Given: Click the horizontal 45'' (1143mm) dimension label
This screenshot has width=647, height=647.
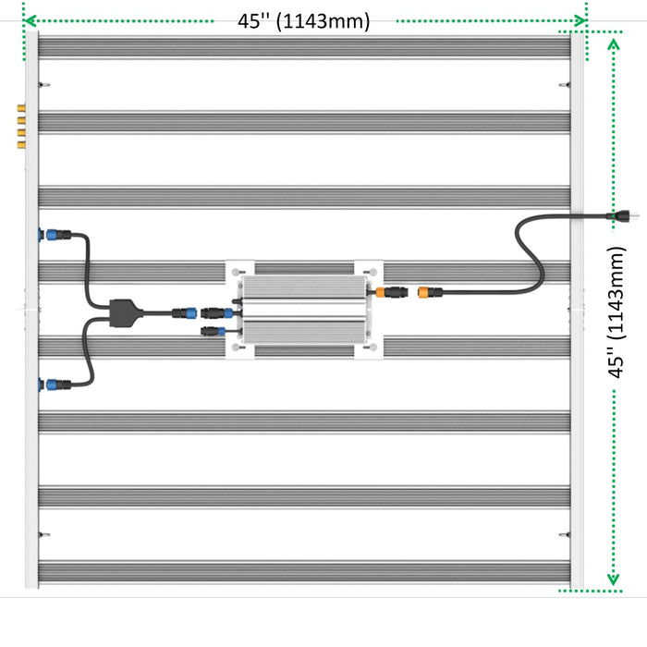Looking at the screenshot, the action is point(304,21).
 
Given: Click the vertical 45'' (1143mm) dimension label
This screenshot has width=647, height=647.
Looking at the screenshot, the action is point(616,312).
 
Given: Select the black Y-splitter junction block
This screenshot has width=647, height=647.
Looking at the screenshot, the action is point(126,313).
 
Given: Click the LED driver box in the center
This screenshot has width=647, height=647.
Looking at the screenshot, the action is point(304,310).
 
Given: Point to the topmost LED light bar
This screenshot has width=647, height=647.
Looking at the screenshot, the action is point(304,47).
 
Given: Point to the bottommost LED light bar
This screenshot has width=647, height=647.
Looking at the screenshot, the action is point(304,572).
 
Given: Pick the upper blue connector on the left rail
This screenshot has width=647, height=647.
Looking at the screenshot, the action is point(52,235).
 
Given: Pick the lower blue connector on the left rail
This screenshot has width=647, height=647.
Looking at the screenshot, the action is point(52,385).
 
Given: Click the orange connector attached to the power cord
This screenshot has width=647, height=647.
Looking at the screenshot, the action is point(423,293).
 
